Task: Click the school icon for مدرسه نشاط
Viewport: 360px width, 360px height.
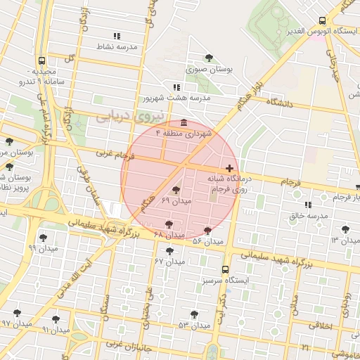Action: click(x=117, y=36)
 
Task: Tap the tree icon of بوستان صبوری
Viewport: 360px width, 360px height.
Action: click(x=208, y=58)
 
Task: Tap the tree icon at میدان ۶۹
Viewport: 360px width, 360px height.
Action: click(x=176, y=188)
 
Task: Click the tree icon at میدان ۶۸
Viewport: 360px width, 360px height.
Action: click(x=167, y=224)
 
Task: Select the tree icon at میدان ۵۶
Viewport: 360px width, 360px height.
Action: click(x=207, y=230)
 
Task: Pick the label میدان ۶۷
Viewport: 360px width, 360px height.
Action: click(x=169, y=261)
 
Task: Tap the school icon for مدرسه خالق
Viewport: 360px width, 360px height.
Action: click(x=308, y=205)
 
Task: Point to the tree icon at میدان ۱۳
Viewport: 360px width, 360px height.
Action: click(x=345, y=229)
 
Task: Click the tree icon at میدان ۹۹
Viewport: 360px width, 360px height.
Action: click(x=43, y=238)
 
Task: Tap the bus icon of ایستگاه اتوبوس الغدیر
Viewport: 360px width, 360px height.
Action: click(x=322, y=20)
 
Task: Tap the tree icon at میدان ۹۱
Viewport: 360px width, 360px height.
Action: click(x=56, y=319)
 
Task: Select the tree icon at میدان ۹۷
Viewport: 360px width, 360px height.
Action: click(x=15, y=313)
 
